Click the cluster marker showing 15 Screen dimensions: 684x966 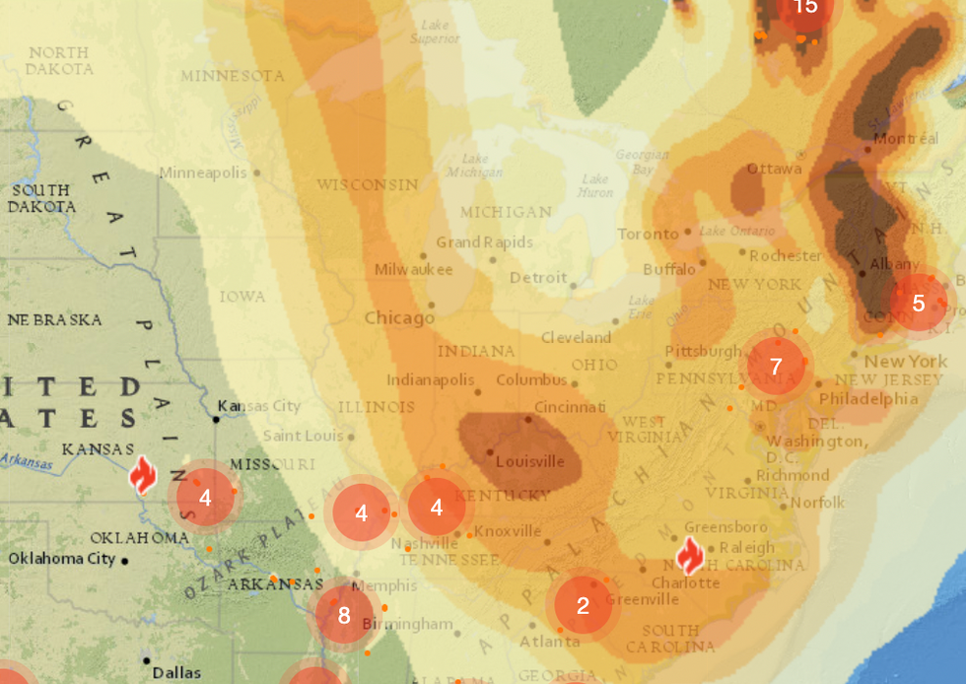pos(805,7)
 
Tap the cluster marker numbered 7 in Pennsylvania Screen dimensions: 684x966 pos(776,367)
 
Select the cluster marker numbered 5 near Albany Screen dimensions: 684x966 pos(919,303)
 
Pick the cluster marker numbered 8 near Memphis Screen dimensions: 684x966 pos(344,615)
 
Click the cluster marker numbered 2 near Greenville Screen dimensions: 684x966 pos(583,605)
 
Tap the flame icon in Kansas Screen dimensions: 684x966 pos(143,475)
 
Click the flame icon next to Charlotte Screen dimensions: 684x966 pos(690,557)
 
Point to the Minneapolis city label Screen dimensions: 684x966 pos(203,172)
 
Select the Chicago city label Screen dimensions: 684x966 pos(399,318)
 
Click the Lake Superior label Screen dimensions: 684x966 pos(435,32)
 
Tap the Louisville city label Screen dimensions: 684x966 pos(530,461)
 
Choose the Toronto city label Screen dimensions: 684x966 pos(648,234)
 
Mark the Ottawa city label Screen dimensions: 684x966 pos(774,169)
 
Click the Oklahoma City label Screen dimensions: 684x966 pos(61,559)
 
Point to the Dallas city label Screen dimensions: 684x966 pos(177,673)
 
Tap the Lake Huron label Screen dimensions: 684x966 pos(594,185)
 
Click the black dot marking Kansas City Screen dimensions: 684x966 pos(217,419)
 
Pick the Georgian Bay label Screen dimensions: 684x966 pos(642,162)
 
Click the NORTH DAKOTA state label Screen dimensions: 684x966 pos(59,61)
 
